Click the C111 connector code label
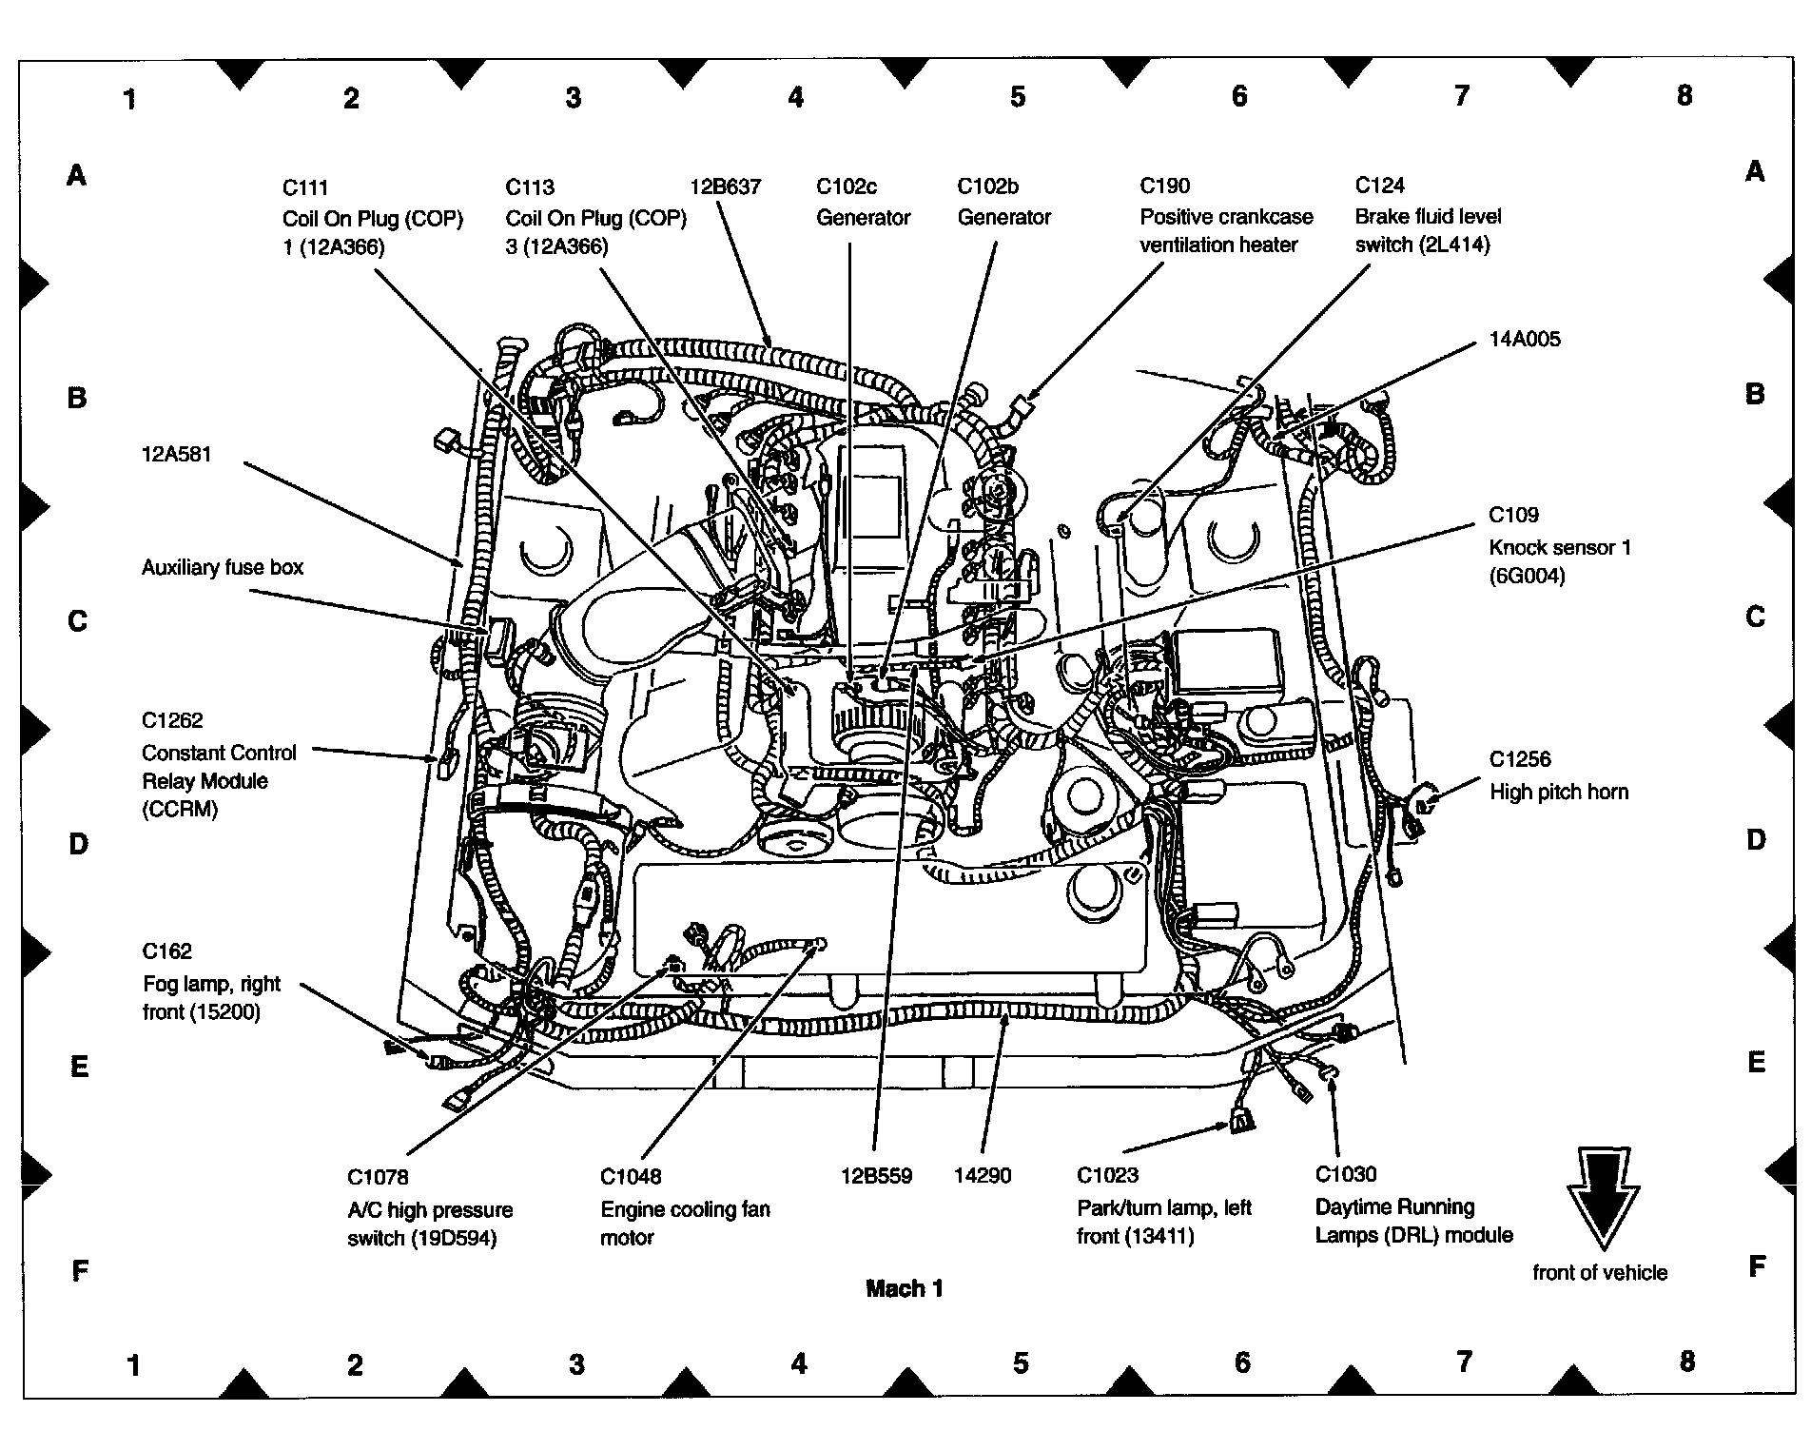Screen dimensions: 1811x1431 [305, 187]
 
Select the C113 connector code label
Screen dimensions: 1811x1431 [530, 187]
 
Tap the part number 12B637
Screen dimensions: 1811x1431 [726, 186]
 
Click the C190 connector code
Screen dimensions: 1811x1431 [1165, 186]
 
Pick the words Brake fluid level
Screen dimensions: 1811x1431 [1429, 216]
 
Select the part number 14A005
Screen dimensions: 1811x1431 [1525, 340]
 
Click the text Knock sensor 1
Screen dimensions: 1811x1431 [1560, 547]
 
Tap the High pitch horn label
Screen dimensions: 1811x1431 [1559, 792]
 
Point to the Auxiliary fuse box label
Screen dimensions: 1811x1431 [223, 568]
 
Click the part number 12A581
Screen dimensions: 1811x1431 [177, 455]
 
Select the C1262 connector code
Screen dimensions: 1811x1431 [173, 720]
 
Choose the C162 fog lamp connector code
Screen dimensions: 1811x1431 [167, 951]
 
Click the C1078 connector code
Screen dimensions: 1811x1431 [378, 1178]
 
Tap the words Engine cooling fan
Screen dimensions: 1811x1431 [686, 1209]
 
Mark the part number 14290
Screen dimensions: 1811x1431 [983, 1176]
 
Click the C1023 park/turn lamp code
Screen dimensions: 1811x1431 [1108, 1176]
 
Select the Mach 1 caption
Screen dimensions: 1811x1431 [905, 1289]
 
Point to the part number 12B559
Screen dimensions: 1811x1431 [876, 1176]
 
